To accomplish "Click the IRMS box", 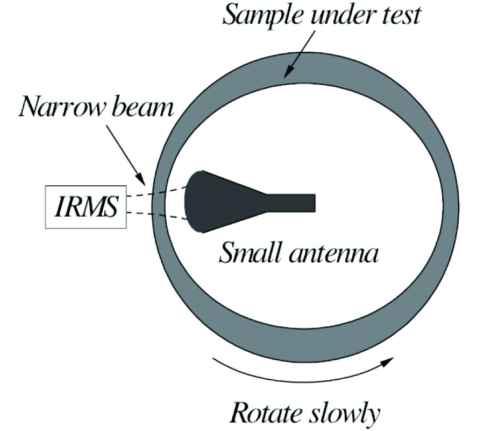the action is [86, 207].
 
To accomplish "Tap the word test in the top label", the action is [401, 16].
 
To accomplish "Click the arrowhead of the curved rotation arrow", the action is [387, 362].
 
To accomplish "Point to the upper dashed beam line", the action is [157, 192].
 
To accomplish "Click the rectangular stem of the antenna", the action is [291, 203].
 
